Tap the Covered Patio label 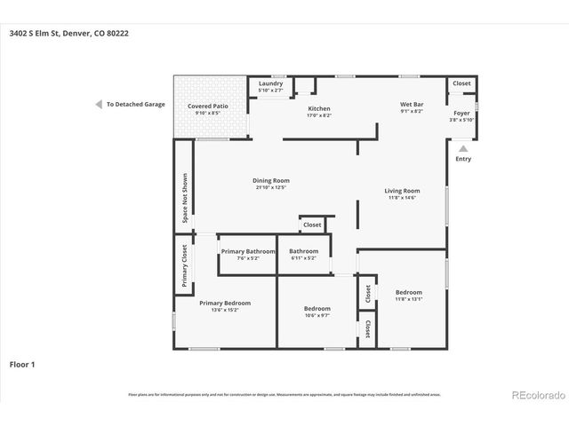(x=205, y=106)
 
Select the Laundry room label (x=270, y=83)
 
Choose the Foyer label (x=461, y=113)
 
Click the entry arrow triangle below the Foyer (x=462, y=148)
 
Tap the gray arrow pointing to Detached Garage (x=99, y=104)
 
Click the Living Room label (x=402, y=191)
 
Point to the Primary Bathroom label (x=248, y=251)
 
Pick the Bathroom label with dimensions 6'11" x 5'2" (x=303, y=251)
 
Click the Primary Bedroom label (x=224, y=303)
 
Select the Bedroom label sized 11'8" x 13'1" (x=409, y=292)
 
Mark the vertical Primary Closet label (x=185, y=266)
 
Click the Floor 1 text (x=22, y=364)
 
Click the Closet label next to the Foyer (x=461, y=83)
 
